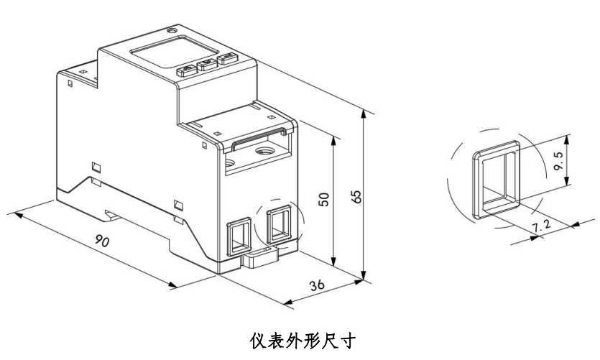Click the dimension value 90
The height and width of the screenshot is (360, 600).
(x=103, y=242)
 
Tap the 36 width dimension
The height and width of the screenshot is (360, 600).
(x=317, y=285)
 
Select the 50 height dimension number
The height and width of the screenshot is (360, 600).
(x=324, y=199)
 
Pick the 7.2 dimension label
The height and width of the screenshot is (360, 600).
(x=542, y=226)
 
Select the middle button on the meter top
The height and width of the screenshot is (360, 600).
(x=207, y=65)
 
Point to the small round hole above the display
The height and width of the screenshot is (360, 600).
(x=171, y=32)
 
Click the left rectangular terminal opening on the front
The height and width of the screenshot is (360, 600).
(x=238, y=234)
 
